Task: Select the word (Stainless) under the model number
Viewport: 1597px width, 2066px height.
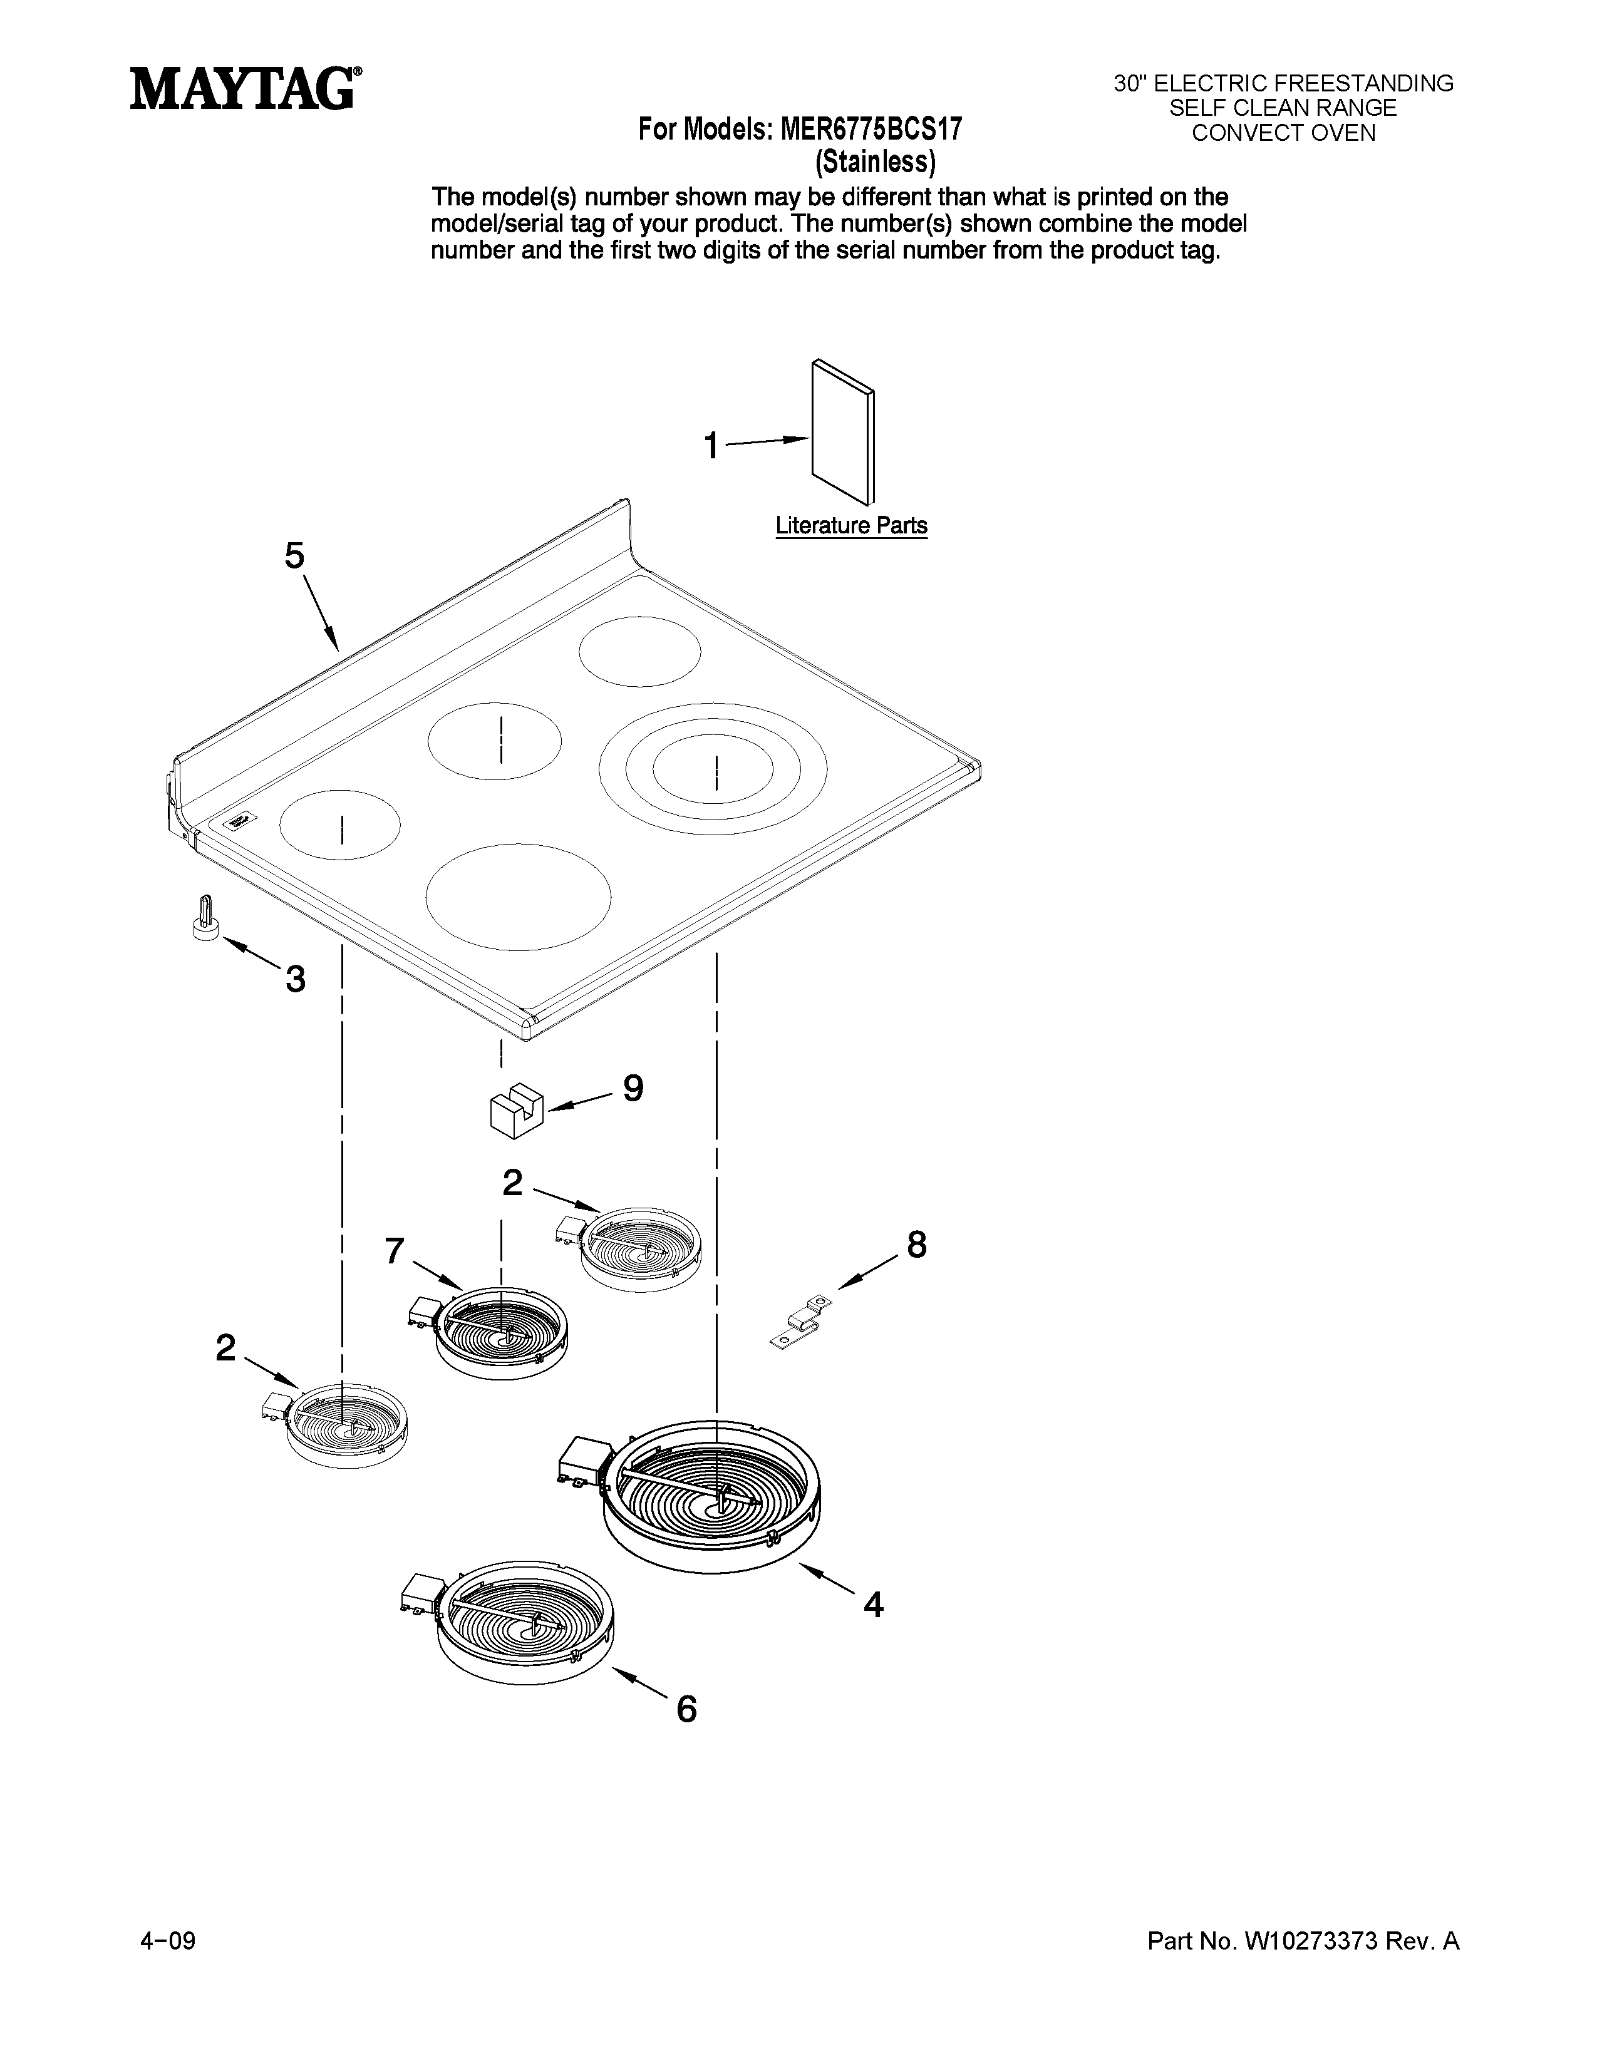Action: (x=875, y=163)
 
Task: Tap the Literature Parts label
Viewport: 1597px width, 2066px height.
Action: (x=850, y=526)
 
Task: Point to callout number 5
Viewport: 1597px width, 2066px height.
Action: (x=294, y=556)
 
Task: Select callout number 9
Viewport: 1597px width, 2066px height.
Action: (x=633, y=1088)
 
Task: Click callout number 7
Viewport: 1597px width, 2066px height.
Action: (x=395, y=1251)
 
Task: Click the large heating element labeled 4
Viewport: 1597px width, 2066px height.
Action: (x=711, y=1498)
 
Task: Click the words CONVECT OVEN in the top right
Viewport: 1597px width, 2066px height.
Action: (x=1283, y=133)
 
